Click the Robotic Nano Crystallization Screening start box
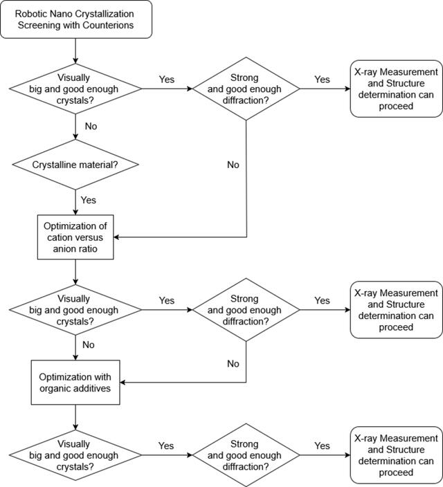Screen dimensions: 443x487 pyautogui.click(x=76, y=19)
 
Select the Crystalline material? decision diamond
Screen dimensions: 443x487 pyautogui.click(x=75, y=165)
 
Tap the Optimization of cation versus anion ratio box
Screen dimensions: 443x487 pyautogui.click(x=75, y=237)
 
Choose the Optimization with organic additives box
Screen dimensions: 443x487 pyautogui.click(x=75, y=383)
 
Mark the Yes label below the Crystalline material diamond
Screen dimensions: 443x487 pyautogui.click(x=89, y=200)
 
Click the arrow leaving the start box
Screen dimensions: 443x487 pyautogui.click(x=75, y=51)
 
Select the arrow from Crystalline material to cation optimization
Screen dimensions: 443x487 pyautogui.click(x=75, y=202)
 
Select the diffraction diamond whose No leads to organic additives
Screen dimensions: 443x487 pyautogui.click(x=246, y=310)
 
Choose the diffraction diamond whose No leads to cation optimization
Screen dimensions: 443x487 pyautogui.click(x=246, y=89)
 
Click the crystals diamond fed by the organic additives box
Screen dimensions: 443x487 pyautogui.click(x=75, y=455)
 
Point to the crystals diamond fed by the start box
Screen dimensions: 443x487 pyautogui.click(x=75, y=89)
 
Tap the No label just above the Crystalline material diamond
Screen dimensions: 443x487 pyautogui.click(x=91, y=127)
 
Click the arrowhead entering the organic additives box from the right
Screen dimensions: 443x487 pyautogui.click(x=123, y=383)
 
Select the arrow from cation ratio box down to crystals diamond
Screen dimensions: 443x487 pyautogui.click(x=75, y=272)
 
